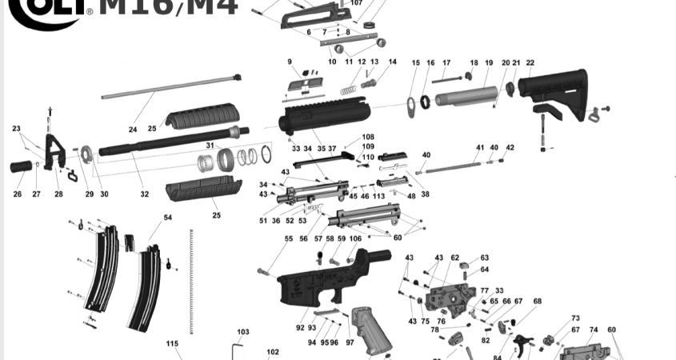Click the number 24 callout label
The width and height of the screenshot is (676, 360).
pos(133,129)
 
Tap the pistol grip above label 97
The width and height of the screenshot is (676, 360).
pos(370,328)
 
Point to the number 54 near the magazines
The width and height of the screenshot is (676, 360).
pos(168,218)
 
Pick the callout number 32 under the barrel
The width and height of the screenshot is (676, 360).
pos(144,194)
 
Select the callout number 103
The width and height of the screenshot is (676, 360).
pos(243,331)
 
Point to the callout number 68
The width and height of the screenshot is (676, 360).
pos(537,302)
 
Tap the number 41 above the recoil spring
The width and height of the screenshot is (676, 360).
pos(480,147)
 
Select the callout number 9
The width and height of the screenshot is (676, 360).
pos(290,62)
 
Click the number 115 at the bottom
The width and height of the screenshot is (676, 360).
pos(172,343)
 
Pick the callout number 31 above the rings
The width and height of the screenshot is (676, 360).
pos(210,146)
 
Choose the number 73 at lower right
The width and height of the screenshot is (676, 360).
pos(575,318)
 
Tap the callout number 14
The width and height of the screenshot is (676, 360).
pos(392,62)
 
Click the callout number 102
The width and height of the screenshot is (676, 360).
pos(273,351)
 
